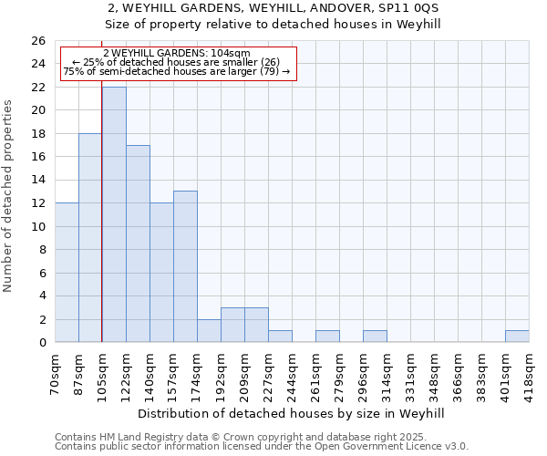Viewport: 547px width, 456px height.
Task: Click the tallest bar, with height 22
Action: tap(114, 214)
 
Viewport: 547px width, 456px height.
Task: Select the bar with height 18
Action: tap(90, 237)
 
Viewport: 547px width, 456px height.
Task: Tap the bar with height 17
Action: tap(138, 244)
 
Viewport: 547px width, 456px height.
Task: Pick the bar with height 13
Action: tap(185, 266)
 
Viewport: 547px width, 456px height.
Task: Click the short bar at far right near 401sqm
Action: tap(517, 337)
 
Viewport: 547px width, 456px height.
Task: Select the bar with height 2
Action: tap(209, 331)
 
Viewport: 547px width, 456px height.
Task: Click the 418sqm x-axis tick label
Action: tap(530, 372)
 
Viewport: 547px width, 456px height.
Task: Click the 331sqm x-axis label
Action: tap(411, 372)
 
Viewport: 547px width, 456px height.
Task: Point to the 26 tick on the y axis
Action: tap(38, 41)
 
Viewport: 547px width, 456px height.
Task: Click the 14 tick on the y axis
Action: tap(38, 180)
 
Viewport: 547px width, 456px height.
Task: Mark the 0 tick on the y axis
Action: tap(42, 342)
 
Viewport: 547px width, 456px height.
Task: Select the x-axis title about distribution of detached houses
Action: tap(292, 413)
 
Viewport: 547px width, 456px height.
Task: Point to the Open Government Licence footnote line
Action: tap(262, 447)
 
